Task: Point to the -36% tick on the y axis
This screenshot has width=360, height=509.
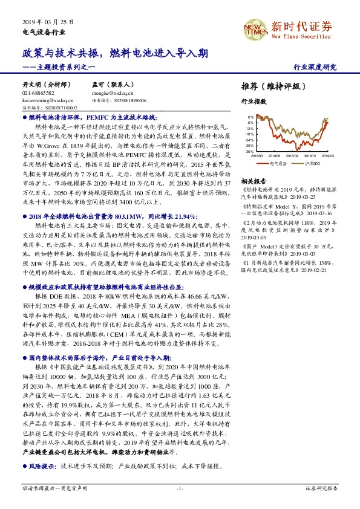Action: point(249,152)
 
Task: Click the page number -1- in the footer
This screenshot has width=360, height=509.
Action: point(179,487)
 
